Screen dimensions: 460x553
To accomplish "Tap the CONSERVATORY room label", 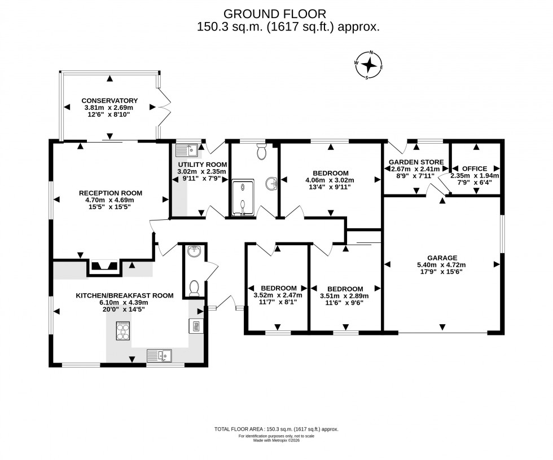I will (109, 101).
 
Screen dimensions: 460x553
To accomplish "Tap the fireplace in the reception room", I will (103, 266).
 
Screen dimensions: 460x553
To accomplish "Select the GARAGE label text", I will (442, 258).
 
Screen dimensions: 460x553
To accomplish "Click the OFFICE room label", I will (474, 169).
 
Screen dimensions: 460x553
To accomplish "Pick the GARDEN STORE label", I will (416, 162).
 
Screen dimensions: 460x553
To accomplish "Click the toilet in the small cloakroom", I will (194, 287).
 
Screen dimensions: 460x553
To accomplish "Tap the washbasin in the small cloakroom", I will (194, 251).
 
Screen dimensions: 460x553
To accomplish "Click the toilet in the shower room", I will (261, 151).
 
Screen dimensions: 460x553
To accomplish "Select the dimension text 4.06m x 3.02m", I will (330, 180).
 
